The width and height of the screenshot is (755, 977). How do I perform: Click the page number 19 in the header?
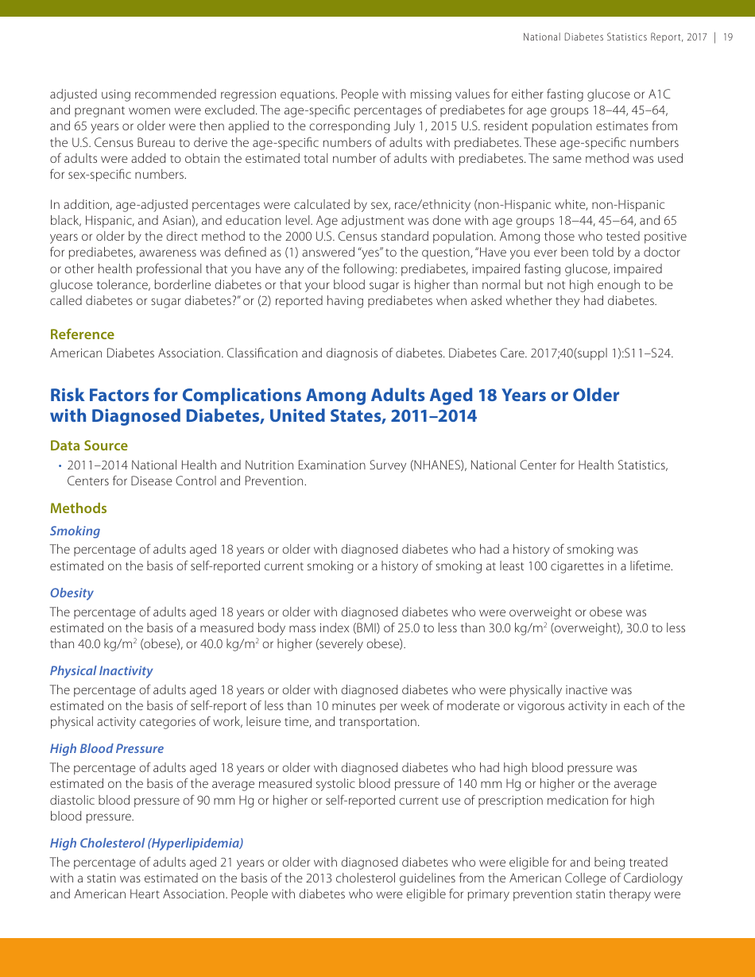point(728,37)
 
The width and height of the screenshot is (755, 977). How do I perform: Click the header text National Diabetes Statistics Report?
point(614,37)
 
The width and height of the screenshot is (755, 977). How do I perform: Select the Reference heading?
point(82,334)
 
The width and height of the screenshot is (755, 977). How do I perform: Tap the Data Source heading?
point(88,446)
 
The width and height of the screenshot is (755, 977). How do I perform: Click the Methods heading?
point(78,508)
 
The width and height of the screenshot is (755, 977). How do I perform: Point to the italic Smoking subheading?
point(75,531)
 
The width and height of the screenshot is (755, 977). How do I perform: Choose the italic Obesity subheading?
point(72,593)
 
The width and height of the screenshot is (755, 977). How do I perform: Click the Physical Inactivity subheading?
point(101,670)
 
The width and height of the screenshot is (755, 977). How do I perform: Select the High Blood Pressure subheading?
point(106,748)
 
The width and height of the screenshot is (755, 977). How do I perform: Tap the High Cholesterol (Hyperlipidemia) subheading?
point(146,843)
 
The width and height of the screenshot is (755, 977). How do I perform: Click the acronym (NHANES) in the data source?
point(436,465)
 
